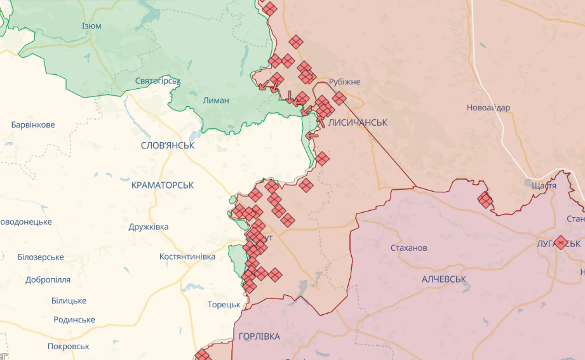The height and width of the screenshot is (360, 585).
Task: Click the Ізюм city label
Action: click(91, 26)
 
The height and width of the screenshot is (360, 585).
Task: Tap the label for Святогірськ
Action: click(158, 81)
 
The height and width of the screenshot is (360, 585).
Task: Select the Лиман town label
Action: click(215, 100)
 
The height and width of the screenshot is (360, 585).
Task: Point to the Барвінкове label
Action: click(33, 124)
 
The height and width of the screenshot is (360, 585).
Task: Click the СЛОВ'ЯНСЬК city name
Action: click(168, 145)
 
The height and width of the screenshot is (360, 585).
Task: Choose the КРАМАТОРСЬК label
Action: click(163, 185)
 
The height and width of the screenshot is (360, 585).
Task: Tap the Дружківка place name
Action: click(149, 227)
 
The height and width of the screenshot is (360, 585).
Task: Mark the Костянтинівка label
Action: click(187, 257)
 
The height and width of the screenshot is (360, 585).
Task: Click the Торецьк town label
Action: click(224, 305)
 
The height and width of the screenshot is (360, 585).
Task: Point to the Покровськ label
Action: click(68, 347)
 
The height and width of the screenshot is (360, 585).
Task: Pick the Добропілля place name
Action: click(48, 279)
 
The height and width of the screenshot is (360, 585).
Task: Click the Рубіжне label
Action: click(344, 82)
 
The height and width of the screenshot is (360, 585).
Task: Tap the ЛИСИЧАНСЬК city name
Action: click(358, 122)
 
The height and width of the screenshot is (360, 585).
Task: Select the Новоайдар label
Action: click(488, 107)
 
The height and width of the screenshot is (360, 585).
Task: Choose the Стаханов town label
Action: click(409, 248)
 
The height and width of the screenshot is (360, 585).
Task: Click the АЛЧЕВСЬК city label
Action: click(444, 279)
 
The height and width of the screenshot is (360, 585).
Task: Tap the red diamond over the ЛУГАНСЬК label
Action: click(560, 242)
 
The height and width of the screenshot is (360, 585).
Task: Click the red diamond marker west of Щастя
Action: click(485, 201)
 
